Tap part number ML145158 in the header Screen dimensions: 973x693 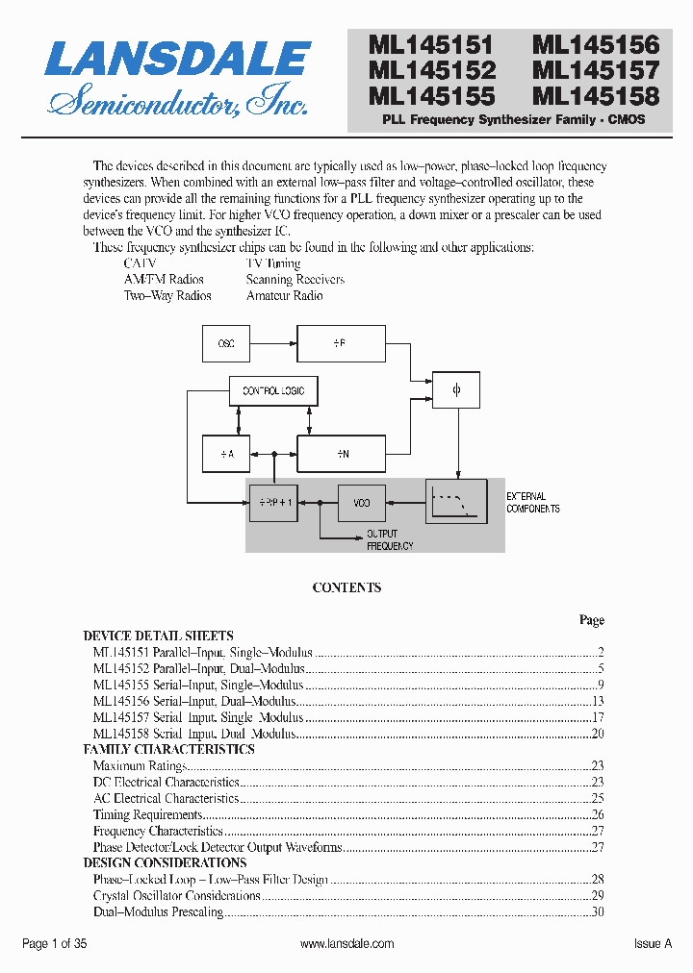click(x=597, y=96)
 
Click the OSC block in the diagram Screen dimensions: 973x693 click(x=225, y=343)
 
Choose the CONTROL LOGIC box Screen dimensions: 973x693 click(x=273, y=391)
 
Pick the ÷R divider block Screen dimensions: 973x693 click(x=341, y=343)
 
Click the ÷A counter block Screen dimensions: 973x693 click(x=225, y=453)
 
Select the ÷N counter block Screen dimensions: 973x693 click(x=341, y=453)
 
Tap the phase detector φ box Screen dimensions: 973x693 click(x=457, y=390)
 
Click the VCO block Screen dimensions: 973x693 click(x=362, y=503)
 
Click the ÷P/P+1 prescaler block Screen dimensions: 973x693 click(x=273, y=503)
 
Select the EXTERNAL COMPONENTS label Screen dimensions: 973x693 click(x=533, y=503)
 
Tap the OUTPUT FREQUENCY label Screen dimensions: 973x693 click(x=390, y=539)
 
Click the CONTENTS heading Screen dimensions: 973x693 click(x=346, y=587)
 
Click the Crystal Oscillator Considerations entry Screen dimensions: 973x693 click(x=177, y=896)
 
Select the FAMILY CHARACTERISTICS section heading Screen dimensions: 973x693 click(x=169, y=749)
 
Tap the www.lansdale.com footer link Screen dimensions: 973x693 click(x=346, y=944)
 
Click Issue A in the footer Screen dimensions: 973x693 click(x=653, y=944)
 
